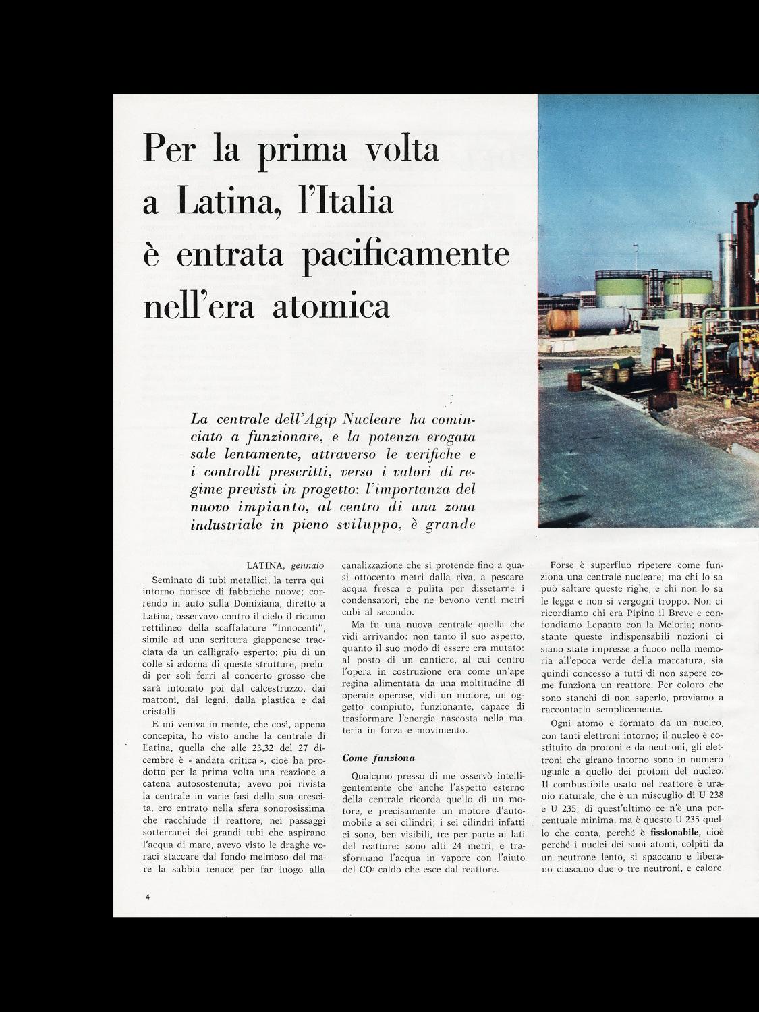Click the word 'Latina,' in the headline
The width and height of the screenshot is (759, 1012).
[223, 202]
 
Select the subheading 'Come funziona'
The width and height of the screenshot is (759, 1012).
[378, 758]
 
